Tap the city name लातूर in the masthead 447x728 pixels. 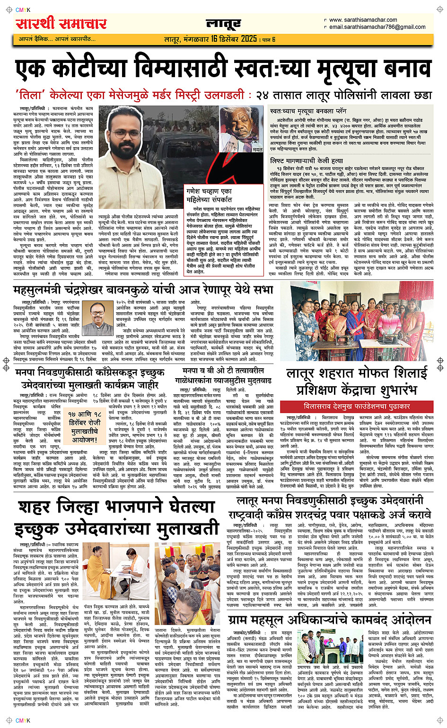pyautogui.click(x=224, y=24)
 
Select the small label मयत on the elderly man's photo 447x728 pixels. pyautogui.click(x=257, y=150)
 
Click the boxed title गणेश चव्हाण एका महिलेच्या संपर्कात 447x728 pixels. pyautogui.click(x=209, y=195)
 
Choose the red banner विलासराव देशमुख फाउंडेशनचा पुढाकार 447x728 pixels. pyautogui.click(x=357, y=406)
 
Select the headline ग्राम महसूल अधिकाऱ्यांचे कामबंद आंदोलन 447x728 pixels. pyautogui.click(x=330, y=620)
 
